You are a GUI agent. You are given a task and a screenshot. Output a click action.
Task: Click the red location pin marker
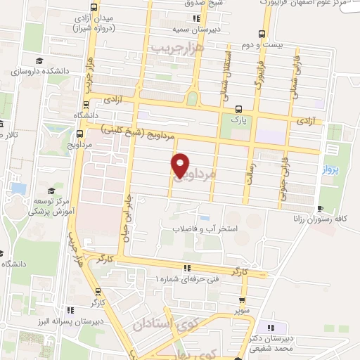click(180, 165)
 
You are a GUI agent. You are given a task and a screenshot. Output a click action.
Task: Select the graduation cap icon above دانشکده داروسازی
click(40, 61)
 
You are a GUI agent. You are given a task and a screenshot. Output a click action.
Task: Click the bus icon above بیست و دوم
click(262, 33)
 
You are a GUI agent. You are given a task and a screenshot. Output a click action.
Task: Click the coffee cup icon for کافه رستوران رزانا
click(321, 209)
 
